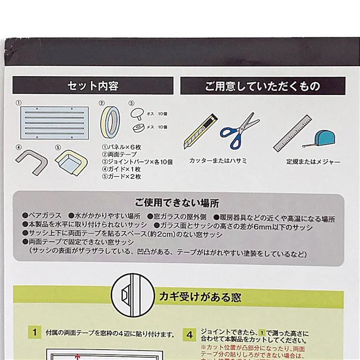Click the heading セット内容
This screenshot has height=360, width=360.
(93, 86)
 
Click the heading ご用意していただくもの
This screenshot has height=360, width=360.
(263, 86)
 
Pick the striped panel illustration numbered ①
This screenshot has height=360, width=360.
(54, 122)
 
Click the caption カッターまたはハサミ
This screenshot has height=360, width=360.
(215, 161)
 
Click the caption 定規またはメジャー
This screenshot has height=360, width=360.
(313, 162)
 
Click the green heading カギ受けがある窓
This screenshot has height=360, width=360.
(194, 296)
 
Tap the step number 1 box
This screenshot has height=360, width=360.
(35, 332)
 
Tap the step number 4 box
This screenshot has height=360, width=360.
(189, 334)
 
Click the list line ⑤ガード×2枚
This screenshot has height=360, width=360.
(121, 177)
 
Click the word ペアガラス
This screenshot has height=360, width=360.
(41, 214)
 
